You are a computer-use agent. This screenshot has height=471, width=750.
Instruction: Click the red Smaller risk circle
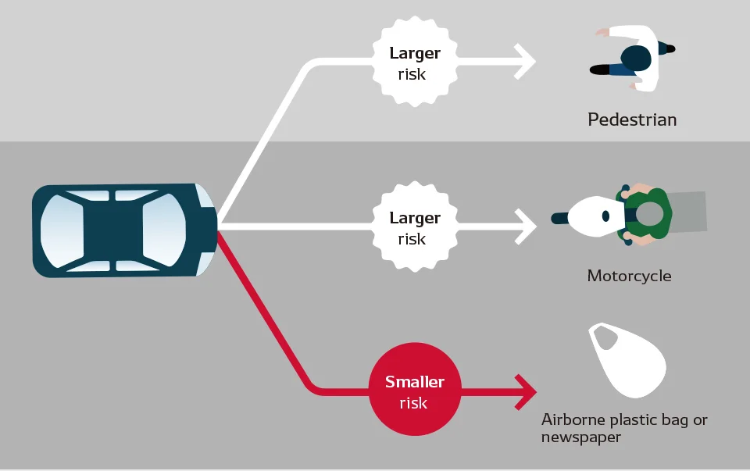pyautogui.click(x=415, y=389)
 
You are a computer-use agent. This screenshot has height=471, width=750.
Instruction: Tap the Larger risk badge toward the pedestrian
pyautogui.click(x=415, y=62)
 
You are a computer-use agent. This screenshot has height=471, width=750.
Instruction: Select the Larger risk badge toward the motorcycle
pyautogui.click(x=415, y=227)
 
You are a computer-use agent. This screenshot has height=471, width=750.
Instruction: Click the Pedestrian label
pyautogui.click(x=632, y=120)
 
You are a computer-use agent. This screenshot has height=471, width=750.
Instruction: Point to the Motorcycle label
pyautogui.click(x=629, y=276)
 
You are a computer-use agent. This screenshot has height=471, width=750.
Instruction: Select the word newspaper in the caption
pyautogui.click(x=581, y=437)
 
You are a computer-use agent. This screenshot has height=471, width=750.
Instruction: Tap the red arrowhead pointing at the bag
pyautogui.click(x=526, y=392)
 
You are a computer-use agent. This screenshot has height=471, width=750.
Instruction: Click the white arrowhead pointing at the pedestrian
pyautogui.click(x=525, y=62)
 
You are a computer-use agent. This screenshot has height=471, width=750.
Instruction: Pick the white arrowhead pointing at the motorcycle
pyautogui.click(x=526, y=227)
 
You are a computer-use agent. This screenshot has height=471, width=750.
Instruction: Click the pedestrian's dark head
pyautogui.click(x=636, y=59)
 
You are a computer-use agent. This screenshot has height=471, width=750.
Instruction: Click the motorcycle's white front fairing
pyautogui.click(x=595, y=216)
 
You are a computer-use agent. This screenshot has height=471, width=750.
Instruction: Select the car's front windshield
pyautogui.click(x=164, y=230)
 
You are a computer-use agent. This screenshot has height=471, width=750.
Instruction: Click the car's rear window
pyautogui.click(x=62, y=231)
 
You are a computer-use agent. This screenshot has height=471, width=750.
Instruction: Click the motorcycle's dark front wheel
pyautogui.click(x=559, y=219)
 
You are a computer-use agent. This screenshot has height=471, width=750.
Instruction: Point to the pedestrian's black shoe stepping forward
pyautogui.click(x=600, y=70)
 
